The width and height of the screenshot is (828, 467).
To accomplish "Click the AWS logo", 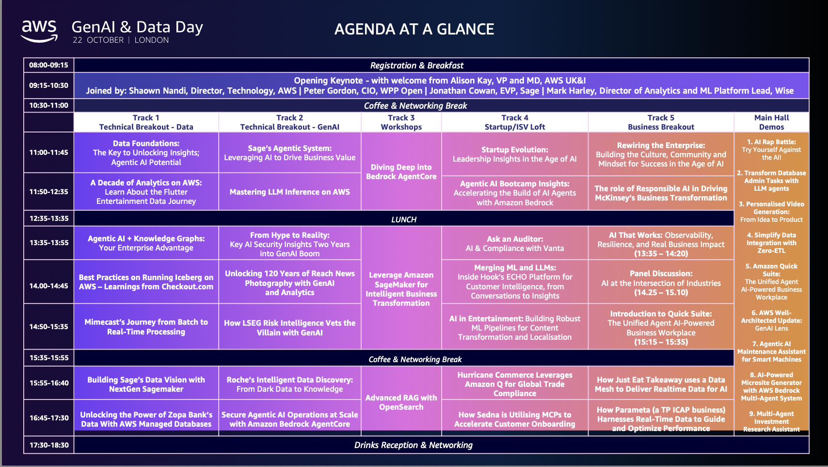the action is (39, 31).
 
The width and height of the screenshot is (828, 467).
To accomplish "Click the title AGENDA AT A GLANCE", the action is (414, 29).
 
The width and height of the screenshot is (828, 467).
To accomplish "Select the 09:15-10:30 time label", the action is (49, 85).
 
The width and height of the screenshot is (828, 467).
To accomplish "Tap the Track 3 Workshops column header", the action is (401, 122).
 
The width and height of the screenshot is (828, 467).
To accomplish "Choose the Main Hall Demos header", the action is (771, 122).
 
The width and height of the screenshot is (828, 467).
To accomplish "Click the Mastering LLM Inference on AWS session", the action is (289, 192).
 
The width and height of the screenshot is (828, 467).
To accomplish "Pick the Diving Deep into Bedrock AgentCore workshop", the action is (401, 172).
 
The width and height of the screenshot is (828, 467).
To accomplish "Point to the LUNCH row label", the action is (404, 219).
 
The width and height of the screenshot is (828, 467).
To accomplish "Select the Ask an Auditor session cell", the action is (514, 244).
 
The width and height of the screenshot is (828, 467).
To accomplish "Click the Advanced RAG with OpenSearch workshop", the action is (401, 402).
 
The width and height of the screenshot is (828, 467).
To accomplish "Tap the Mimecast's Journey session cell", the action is (146, 327).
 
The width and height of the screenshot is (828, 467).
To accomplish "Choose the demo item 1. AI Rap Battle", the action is (771, 150).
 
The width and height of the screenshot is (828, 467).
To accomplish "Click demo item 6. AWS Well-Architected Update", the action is (771, 320).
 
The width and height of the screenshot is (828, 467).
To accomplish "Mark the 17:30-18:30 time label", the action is (49, 445).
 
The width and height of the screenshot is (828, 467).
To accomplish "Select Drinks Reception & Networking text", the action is (413, 445).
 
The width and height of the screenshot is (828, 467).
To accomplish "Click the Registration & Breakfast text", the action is (416, 66).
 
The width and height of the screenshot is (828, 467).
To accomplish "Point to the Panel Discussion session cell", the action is (661, 282).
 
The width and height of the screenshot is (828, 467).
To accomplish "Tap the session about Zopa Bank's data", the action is (146, 419).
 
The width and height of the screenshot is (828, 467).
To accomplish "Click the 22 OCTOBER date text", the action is (98, 40).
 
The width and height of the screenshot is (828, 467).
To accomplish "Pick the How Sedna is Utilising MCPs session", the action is (514, 419).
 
